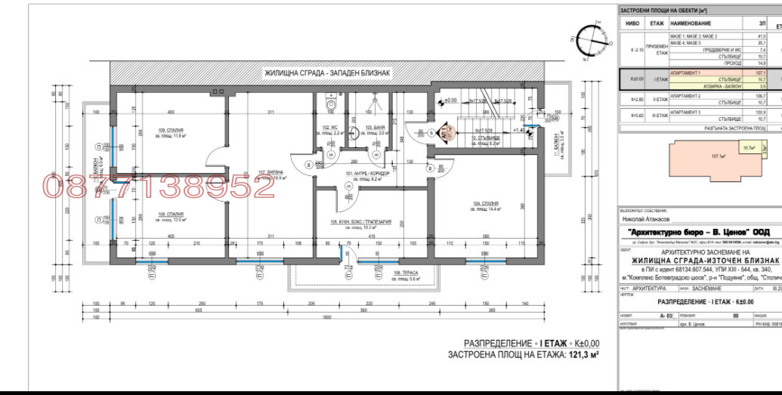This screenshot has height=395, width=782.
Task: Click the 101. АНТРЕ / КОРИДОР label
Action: pos(368,174)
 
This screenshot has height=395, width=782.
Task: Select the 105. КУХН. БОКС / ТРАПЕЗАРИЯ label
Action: pos(360,223)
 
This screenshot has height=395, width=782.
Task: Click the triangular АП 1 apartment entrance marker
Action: pos(443,133)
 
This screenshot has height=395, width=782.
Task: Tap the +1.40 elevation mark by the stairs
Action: pos(520,130)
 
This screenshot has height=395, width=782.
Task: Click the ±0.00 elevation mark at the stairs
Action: pos(450,100)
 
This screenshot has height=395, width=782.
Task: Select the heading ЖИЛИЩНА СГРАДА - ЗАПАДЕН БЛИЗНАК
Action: pos(326,73)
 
